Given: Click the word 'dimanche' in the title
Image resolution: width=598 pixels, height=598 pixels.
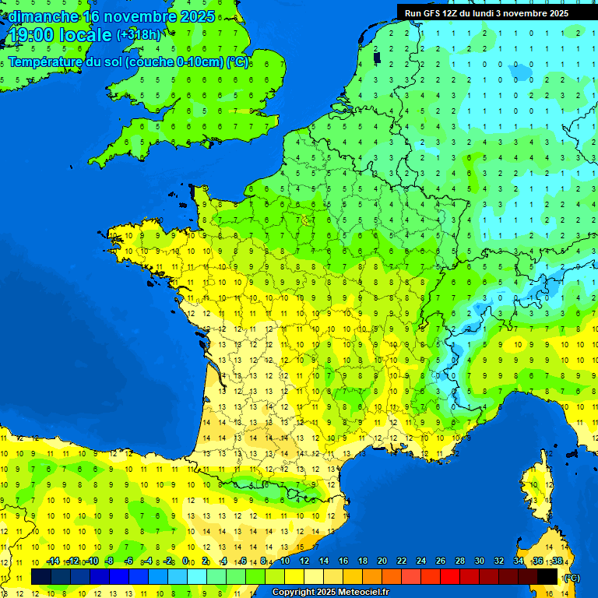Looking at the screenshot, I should (x=43, y=16).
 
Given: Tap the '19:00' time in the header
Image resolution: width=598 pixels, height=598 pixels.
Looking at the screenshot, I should (x=32, y=35).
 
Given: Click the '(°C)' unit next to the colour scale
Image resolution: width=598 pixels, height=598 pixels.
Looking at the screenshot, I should (x=571, y=577).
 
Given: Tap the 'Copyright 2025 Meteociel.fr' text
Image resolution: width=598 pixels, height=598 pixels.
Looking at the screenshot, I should (x=330, y=592).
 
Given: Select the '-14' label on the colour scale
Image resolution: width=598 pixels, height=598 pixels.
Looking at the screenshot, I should (x=53, y=561).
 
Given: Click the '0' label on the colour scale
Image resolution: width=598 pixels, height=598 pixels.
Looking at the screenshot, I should (x=185, y=561).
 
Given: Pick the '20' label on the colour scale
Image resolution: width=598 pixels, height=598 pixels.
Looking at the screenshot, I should (x=382, y=561).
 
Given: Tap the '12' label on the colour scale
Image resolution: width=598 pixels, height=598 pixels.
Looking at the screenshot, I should (x=304, y=561).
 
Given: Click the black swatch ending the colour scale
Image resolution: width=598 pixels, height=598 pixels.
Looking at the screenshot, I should (x=548, y=576).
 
